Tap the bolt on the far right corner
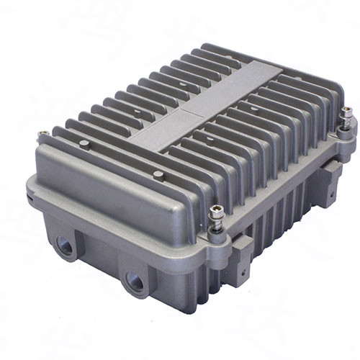(x=347, y=113)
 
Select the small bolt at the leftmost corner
(x=42, y=133)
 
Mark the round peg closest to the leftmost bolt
(x=84, y=144)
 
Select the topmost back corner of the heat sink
(x=204, y=46)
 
